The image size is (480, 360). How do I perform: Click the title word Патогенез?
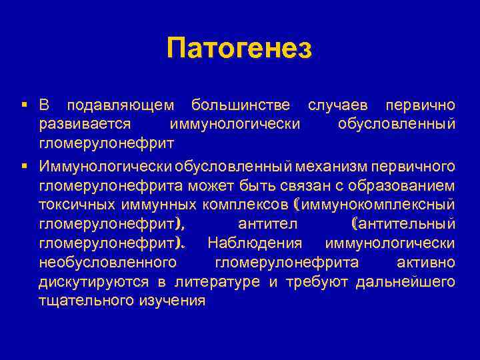[x=239, y=49]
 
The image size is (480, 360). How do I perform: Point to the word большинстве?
[x=240, y=106]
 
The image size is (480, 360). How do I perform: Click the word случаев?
[x=336, y=106]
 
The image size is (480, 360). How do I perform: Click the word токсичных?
[x=76, y=203]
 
